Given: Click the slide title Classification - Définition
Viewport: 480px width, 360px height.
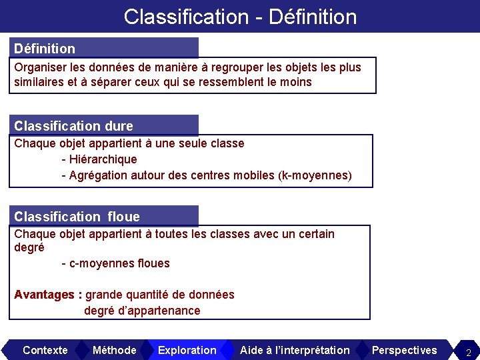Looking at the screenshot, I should click(x=240, y=17).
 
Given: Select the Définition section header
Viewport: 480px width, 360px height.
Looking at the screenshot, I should click(x=45, y=49).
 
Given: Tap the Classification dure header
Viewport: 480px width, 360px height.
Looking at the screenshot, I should click(x=73, y=126).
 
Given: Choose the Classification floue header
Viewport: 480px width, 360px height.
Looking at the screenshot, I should click(x=77, y=217).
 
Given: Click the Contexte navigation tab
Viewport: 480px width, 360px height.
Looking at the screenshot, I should click(x=45, y=350).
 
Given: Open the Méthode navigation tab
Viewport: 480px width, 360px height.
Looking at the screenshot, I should click(x=114, y=350).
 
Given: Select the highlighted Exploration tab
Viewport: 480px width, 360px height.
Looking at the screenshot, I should click(x=187, y=350).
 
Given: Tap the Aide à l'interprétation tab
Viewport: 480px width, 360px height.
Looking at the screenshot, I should click(x=294, y=350).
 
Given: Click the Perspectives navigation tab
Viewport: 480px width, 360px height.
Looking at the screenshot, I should click(x=404, y=350).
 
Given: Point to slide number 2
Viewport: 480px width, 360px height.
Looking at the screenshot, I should click(x=468, y=352).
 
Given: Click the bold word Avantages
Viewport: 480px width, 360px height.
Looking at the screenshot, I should click(x=44, y=295).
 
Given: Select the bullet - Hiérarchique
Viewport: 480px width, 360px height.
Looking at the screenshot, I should click(x=99, y=159).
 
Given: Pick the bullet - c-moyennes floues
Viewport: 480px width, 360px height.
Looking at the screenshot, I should click(x=115, y=263).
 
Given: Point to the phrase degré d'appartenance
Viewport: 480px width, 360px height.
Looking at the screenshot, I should click(x=142, y=311).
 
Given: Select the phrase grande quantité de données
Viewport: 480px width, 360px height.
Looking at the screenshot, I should click(x=160, y=295).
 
